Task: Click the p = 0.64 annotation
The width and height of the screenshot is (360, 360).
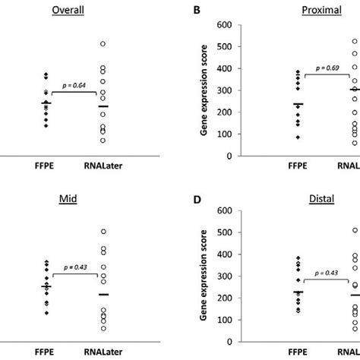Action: (x=74, y=87)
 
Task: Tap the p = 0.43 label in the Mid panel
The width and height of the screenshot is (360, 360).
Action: (x=74, y=268)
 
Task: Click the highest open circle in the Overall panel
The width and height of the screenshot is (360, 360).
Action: (x=103, y=44)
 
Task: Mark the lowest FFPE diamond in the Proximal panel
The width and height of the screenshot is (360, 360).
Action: (x=276, y=137)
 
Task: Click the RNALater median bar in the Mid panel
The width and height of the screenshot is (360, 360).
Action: (x=103, y=294)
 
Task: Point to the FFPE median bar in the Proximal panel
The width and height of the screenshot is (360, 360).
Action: (x=276, y=104)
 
